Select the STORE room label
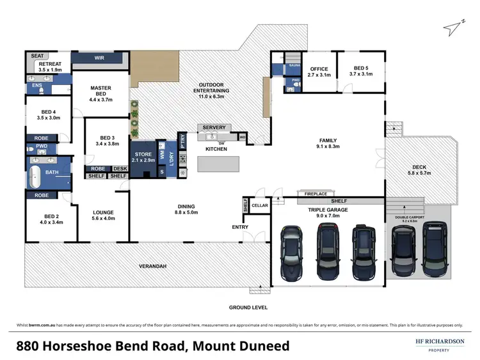tap(142, 155)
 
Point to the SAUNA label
tap(294, 66)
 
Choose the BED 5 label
tap(360, 71)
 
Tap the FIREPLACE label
tap(315, 193)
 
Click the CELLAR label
tap(259, 205)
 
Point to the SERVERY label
tap(214, 128)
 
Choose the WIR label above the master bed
tap(99, 58)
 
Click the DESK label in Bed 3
tap(120, 169)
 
